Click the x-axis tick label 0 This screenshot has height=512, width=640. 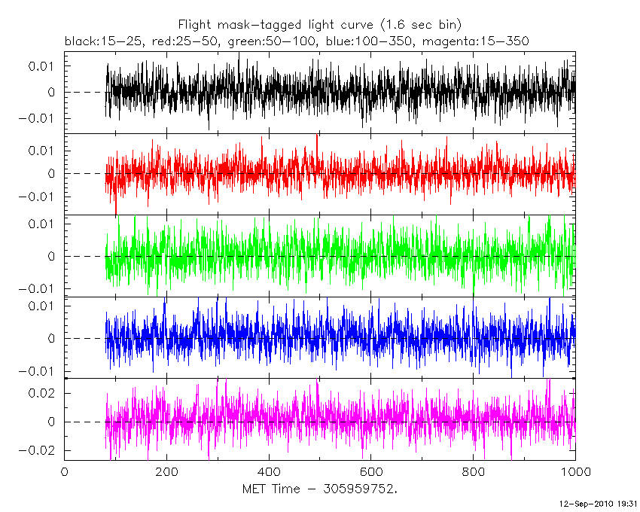(65, 473)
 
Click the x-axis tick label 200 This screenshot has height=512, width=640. (166, 473)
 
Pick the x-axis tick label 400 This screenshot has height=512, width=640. (269, 473)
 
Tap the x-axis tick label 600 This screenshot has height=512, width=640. (371, 473)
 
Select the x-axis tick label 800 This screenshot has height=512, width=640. (474, 473)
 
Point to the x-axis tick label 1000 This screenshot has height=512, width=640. (575, 473)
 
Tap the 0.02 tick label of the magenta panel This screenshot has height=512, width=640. (44, 393)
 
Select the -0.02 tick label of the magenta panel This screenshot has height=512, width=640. (39, 450)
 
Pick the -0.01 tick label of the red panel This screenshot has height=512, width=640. (39, 197)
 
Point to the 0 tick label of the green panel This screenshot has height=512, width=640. (53, 256)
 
